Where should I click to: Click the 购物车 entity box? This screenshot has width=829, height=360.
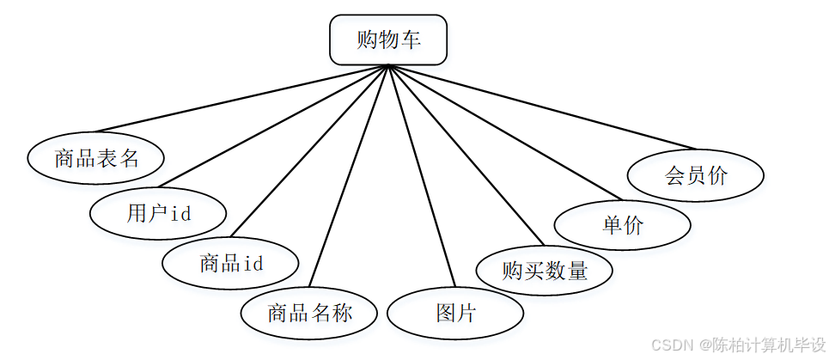[388, 40]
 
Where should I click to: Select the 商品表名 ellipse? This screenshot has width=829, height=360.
[95, 158]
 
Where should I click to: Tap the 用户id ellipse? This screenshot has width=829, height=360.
[158, 213]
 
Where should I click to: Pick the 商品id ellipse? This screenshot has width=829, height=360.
[231, 263]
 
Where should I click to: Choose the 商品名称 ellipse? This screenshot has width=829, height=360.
[309, 313]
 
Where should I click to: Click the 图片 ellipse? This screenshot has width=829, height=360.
[455, 313]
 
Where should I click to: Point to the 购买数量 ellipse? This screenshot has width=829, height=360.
[545, 271]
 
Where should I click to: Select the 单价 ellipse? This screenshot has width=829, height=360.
[623, 226]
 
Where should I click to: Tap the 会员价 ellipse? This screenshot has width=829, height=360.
[696, 176]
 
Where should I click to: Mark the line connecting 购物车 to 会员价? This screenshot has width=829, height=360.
[541, 107]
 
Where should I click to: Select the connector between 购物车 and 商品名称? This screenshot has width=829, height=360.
[349, 177]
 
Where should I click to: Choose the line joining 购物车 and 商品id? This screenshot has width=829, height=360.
[311, 150]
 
